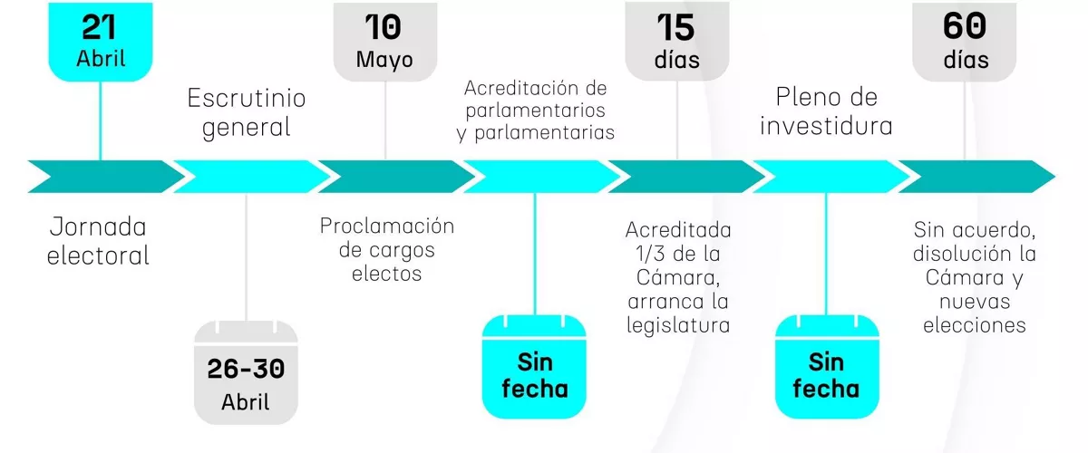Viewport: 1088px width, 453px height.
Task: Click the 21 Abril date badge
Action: coord(101,42)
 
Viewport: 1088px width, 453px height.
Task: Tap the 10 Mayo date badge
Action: coord(385,42)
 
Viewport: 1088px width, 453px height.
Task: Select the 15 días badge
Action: coord(677,42)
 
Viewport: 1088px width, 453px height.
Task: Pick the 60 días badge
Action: coord(964,42)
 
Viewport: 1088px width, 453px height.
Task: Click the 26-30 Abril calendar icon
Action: coord(246,372)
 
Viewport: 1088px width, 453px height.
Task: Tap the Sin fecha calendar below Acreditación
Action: coord(534,367)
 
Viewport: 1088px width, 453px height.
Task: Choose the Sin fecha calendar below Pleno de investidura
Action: coord(827,367)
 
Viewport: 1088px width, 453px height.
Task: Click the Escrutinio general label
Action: coord(247,113)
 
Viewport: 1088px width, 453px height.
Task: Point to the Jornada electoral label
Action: coord(98,241)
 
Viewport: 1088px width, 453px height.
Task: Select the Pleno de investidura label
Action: coord(826,111)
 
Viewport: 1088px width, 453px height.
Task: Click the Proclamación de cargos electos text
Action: coord(386,249)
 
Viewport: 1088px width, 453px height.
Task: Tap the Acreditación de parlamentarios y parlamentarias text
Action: coord(535,111)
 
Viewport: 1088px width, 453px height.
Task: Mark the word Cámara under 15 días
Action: coord(678,278)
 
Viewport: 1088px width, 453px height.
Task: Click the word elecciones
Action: coord(975,325)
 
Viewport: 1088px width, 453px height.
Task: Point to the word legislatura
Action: coord(678,325)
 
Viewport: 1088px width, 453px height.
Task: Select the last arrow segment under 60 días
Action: coord(976,177)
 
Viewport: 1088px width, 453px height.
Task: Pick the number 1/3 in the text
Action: coord(650,254)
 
